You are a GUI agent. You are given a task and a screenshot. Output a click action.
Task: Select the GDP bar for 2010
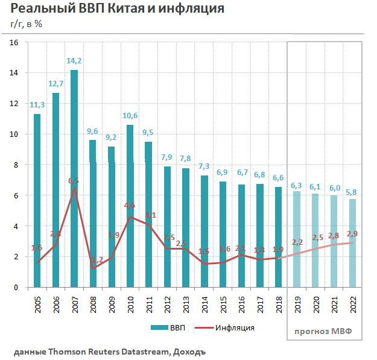click(130, 206)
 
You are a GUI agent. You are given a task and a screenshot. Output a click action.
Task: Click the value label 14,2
click(74, 61)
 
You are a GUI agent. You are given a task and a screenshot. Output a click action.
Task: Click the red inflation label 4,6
click(129, 206)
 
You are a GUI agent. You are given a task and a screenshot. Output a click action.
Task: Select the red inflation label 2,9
click(352, 233)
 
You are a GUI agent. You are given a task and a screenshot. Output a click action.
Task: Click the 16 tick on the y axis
click(14, 42)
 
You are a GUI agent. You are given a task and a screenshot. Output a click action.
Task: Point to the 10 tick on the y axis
click(14, 134)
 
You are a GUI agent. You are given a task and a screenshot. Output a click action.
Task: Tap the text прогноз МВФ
click(323, 331)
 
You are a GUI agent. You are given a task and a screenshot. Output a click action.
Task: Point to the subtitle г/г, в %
click(27, 24)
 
